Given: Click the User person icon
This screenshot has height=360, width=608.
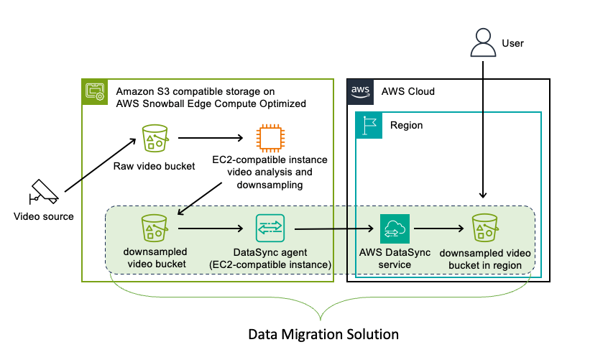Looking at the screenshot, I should tap(484, 43).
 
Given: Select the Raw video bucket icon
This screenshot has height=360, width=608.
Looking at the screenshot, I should tap(154, 138).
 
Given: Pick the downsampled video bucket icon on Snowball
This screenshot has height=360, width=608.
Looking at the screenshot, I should tap(154, 228).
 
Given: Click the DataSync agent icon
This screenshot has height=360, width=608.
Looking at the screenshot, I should tap(270, 229).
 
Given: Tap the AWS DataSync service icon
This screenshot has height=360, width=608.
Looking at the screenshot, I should tap(395, 229).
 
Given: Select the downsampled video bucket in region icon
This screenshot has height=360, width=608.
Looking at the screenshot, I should tap(484, 229).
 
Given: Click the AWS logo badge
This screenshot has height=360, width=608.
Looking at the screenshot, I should tap(361, 92).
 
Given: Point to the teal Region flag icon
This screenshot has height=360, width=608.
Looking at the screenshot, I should tap(369, 125).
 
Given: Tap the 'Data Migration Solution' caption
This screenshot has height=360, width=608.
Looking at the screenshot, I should tap(323, 334).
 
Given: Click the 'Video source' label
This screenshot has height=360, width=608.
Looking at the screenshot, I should tap(44, 216).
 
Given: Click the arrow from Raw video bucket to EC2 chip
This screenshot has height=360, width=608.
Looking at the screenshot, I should tap(209, 137).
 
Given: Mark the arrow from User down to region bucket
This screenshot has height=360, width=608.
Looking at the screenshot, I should tap(484, 129).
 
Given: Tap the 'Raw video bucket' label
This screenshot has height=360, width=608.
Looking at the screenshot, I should tap(154, 167).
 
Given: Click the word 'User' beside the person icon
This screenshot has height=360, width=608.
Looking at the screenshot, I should tap(513, 43).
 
